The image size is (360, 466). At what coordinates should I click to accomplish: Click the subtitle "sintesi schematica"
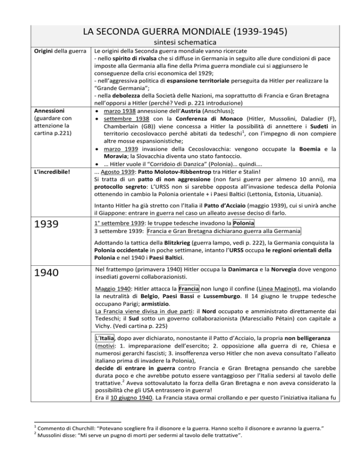[x=180, y=42]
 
